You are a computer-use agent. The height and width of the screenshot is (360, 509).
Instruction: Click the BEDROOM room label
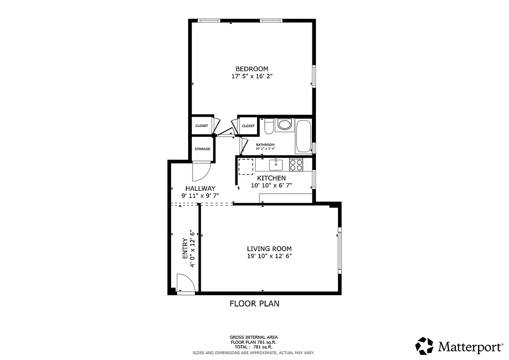click(252, 69)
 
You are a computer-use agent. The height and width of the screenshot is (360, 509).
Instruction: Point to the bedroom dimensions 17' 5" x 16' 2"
click(252, 76)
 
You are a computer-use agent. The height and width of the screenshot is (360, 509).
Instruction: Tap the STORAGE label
click(202, 149)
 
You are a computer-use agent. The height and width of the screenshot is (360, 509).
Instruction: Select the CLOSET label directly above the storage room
click(202, 126)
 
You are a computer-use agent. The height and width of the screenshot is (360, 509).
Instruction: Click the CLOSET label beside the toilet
click(248, 126)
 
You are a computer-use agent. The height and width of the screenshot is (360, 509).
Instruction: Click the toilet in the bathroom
click(268, 127)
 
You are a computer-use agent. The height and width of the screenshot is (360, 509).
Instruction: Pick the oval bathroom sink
click(284, 125)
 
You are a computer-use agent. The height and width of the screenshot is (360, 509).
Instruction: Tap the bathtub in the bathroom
click(303, 136)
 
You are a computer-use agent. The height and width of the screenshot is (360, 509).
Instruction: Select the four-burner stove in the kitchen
click(296, 165)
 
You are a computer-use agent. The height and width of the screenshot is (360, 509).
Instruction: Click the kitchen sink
click(275, 165)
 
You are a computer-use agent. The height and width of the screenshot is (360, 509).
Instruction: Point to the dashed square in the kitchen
click(246, 166)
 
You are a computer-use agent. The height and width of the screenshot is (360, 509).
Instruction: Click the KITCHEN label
click(271, 178)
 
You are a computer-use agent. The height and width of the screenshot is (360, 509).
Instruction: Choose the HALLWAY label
click(200, 189)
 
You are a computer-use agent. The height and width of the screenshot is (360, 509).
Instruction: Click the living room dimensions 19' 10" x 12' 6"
click(269, 256)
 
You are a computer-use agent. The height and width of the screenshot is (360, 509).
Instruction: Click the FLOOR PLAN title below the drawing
click(254, 304)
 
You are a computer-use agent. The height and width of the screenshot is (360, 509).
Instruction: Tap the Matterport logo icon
click(424, 346)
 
